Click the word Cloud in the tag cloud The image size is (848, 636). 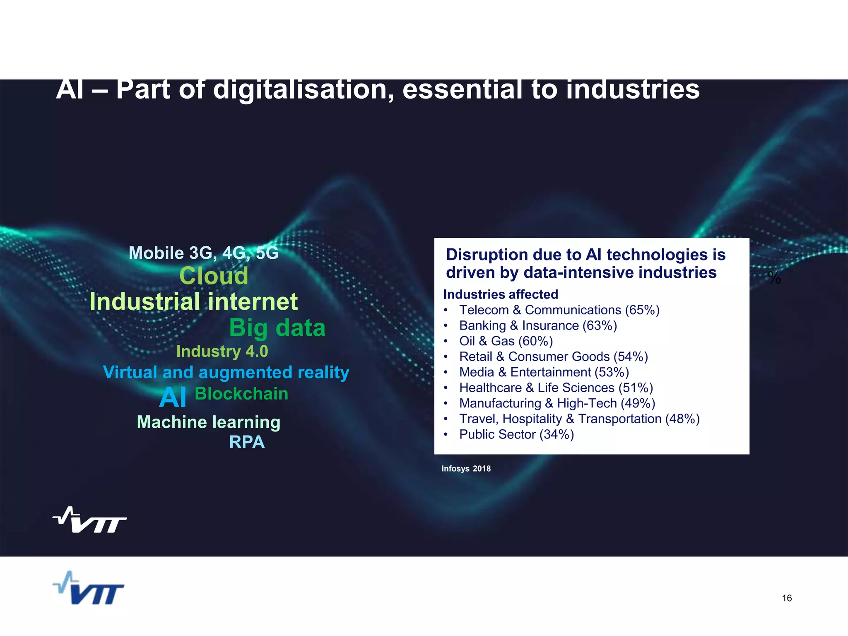[x=214, y=276]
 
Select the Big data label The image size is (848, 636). [x=277, y=328]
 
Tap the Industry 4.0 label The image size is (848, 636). [x=222, y=352]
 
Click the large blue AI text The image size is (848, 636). [x=173, y=398]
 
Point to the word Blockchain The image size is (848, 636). [x=241, y=394]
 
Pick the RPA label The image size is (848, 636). [x=247, y=442]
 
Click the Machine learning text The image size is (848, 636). [x=209, y=422]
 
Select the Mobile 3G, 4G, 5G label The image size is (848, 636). [x=203, y=253]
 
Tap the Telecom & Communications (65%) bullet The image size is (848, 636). [x=559, y=310]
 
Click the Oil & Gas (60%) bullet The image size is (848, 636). [x=506, y=341]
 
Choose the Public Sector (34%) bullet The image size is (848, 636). [x=516, y=434]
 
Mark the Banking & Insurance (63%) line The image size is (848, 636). [x=538, y=326]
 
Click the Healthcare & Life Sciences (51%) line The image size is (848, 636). [x=556, y=388]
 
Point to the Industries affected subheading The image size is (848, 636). [x=501, y=294]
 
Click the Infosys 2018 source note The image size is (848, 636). [x=466, y=469]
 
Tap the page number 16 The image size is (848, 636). [x=787, y=598]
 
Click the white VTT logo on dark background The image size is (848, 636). [x=90, y=520]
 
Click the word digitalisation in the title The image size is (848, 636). [x=303, y=90]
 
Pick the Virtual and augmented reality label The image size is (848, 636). [x=226, y=372]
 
